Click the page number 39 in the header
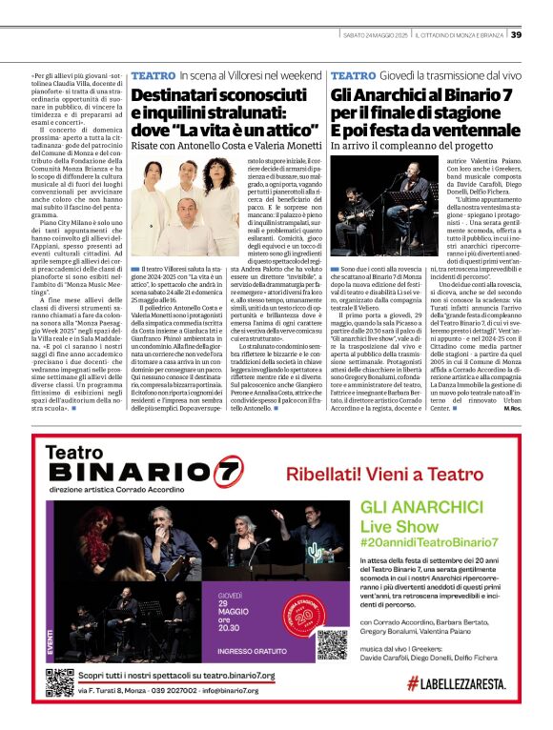[516, 34]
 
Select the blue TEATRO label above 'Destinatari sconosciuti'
[153, 74]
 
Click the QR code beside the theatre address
[59, 682]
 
